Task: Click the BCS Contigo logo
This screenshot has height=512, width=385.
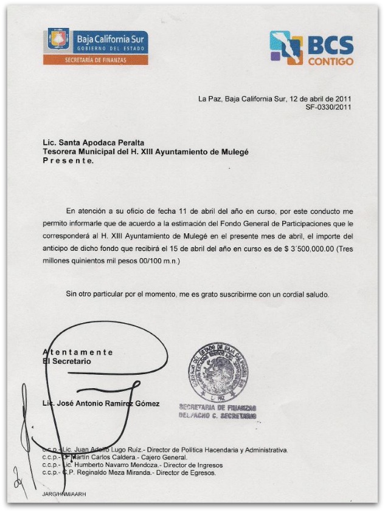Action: (311, 48)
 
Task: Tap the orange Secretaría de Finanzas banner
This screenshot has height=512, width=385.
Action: (95, 60)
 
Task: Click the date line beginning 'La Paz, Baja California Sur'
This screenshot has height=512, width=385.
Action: (274, 98)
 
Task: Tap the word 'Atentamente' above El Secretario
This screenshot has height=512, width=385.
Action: (78, 352)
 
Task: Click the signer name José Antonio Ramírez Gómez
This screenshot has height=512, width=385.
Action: (102, 404)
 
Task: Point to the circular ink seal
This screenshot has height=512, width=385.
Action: (217, 372)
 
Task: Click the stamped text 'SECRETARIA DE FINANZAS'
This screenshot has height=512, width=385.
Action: (217, 408)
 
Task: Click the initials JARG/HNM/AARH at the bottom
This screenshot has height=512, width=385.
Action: (64, 494)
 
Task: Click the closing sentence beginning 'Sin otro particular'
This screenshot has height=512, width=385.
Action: (197, 295)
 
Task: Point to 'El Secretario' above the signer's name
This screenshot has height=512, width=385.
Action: (67, 361)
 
